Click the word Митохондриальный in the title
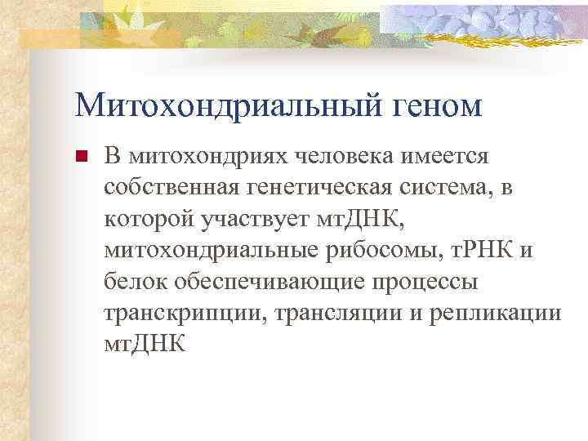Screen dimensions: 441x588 click(222, 105)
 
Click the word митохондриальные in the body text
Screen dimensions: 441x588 click(201, 251)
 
